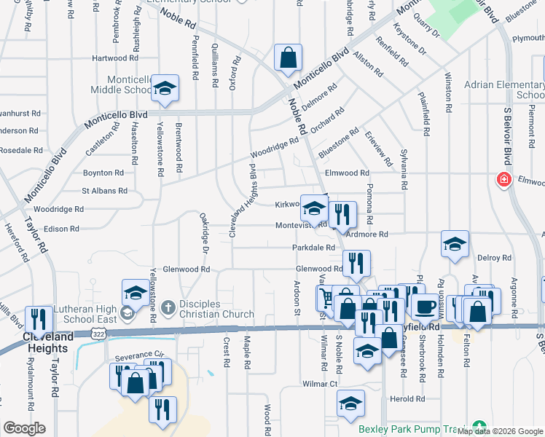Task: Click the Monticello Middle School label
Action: click(x=119, y=84)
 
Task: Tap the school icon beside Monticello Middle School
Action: click(x=165, y=87)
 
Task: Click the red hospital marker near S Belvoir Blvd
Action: click(x=503, y=179)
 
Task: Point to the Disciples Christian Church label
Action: click(x=215, y=310)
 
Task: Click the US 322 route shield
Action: click(x=95, y=332)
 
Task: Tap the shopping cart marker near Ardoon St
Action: click(x=326, y=296)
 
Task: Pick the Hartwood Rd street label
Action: click(x=115, y=58)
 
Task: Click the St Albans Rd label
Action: click(x=104, y=191)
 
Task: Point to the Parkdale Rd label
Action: click(x=313, y=248)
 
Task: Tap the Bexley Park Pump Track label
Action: click(x=412, y=429)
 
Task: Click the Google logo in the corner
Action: click(x=24, y=428)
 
